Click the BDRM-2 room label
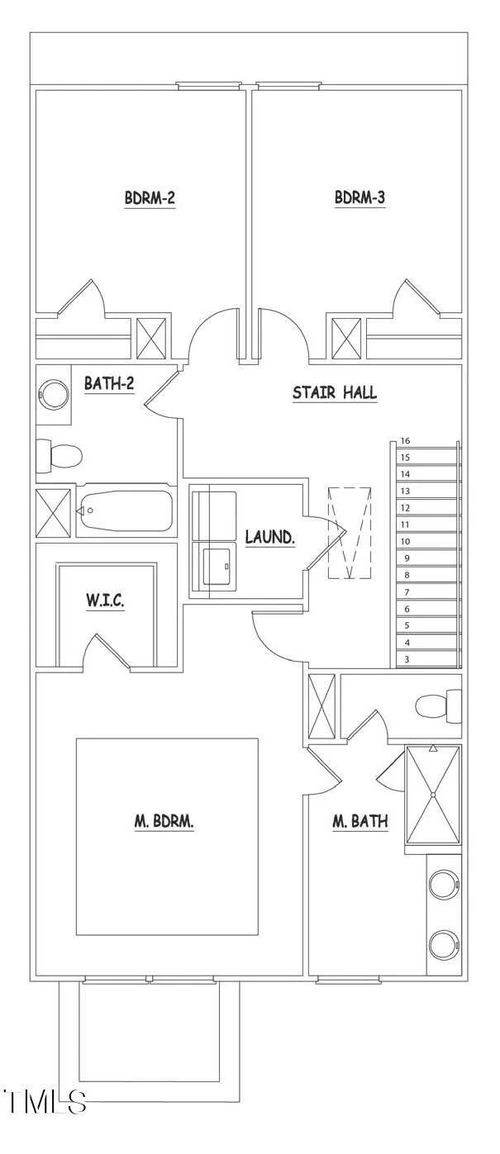pyautogui.click(x=150, y=197)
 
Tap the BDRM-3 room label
pyautogui.click(x=360, y=197)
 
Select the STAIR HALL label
pyautogui.click(x=335, y=392)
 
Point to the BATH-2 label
pyautogui.click(x=109, y=383)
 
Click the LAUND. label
pyautogui.click(x=270, y=537)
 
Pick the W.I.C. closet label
pyautogui.click(x=105, y=601)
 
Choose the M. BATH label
pyautogui.click(x=360, y=821)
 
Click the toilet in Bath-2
pyautogui.click(x=59, y=456)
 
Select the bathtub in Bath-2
pyautogui.click(x=126, y=511)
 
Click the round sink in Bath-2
pyautogui.click(x=53, y=395)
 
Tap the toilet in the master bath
pyautogui.click(x=438, y=705)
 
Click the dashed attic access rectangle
pyautogui.click(x=350, y=533)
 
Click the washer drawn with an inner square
pyautogui.click(x=214, y=569)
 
